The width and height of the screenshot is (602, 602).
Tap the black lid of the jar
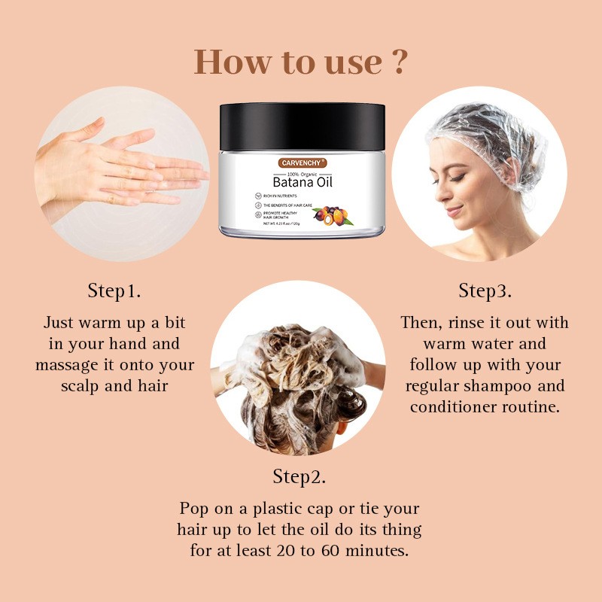pos(302,124)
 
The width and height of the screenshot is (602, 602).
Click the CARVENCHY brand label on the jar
pos(302,162)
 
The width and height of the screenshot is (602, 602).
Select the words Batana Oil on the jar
pos(303,181)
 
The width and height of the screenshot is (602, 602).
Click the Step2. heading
pos(299,476)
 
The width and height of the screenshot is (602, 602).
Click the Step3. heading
pos(485,290)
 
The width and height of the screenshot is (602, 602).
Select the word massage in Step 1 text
pos(71,365)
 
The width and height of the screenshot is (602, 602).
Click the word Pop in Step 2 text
pos(195,508)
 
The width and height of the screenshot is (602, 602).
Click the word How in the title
pos(230,62)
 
